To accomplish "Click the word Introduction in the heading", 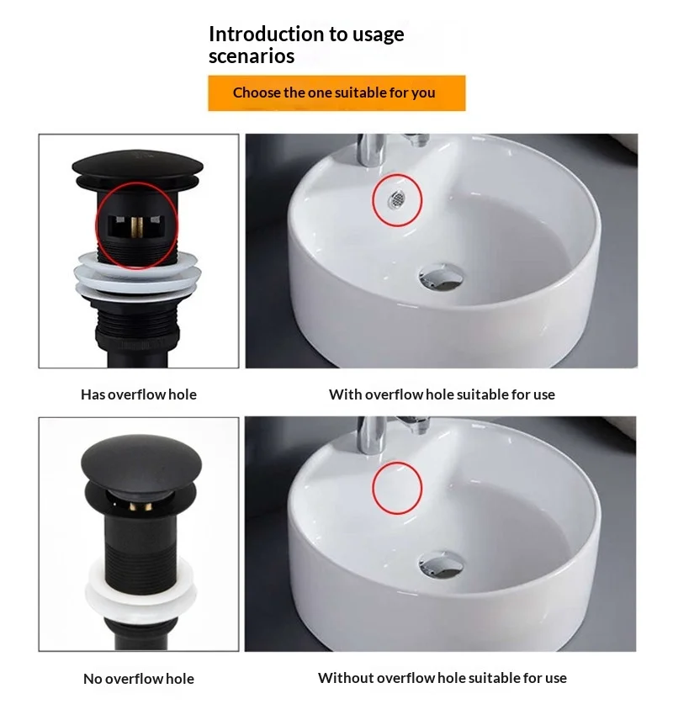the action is (x=266, y=34).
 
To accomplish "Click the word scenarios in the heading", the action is (x=252, y=56).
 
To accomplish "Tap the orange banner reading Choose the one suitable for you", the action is (x=336, y=93).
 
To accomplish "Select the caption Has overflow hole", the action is (x=139, y=394).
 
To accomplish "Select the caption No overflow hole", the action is (x=139, y=679).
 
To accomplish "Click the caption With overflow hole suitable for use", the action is (x=442, y=394).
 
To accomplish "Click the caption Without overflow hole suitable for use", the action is (x=442, y=678).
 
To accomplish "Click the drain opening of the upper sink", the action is (x=441, y=277).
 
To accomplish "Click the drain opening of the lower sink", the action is (x=440, y=564).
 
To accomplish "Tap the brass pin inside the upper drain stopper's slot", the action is (x=137, y=228).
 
